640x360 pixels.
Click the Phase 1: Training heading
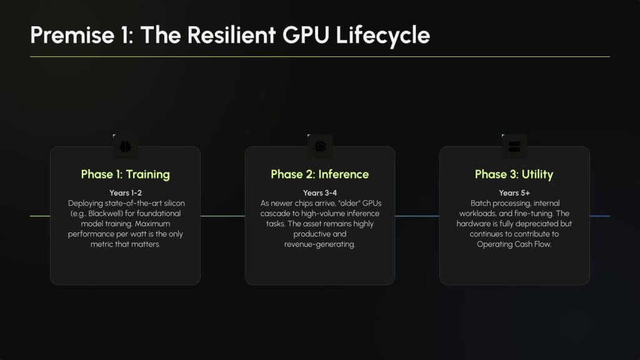[125, 174]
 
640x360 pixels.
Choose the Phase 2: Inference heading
[319, 174]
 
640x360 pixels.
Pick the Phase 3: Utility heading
[514, 174]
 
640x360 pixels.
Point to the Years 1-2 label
[125, 192]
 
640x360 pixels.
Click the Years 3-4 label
[319, 192]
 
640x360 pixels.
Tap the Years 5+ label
[514, 192]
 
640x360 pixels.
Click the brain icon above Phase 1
[124, 146]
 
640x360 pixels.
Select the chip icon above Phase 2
[320, 146]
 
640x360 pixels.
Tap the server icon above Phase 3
[514, 146]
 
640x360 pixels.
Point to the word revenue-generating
[319, 244]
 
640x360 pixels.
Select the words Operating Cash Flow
[514, 244]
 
